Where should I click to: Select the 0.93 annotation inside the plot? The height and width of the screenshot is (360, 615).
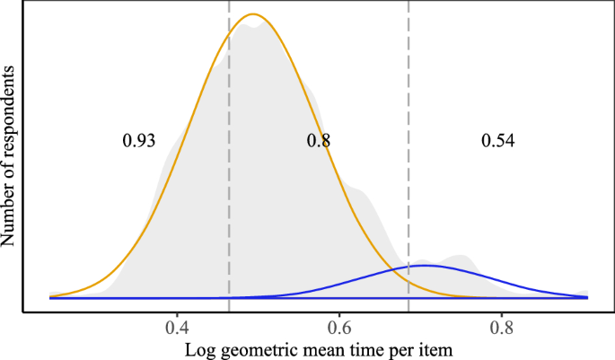(139, 141)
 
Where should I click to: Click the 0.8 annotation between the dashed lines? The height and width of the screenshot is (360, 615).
(318, 141)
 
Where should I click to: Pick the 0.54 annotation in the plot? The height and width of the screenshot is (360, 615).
(498, 141)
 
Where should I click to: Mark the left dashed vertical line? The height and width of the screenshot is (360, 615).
(230, 180)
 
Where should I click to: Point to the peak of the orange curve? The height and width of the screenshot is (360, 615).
(254, 14)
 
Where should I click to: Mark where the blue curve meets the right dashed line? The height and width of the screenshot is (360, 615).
(409, 268)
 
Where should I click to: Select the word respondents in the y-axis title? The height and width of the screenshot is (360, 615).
(10, 118)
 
